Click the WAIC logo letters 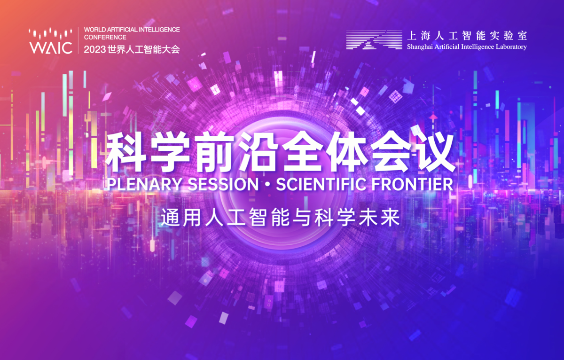coord(51,48)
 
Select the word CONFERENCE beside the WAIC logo coord(105,37)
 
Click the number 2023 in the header coord(94,50)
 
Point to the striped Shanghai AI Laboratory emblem coord(374,40)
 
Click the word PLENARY coord(145,184)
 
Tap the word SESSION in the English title coord(223,184)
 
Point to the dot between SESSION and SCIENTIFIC coord(267,185)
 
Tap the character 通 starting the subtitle coord(171,217)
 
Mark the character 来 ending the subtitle coord(390,217)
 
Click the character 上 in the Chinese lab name coord(412,36)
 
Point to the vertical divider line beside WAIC coord(78,40)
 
